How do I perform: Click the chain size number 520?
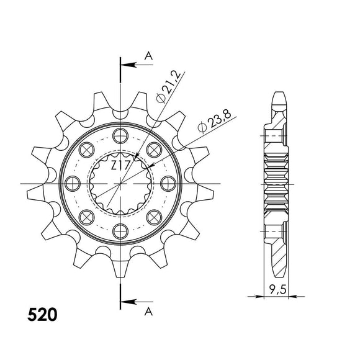tap(43, 315)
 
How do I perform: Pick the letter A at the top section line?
tap(148, 56)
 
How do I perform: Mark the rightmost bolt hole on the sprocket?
tap(167, 183)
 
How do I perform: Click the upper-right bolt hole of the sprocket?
tap(153, 149)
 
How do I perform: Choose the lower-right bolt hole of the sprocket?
tap(153, 217)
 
